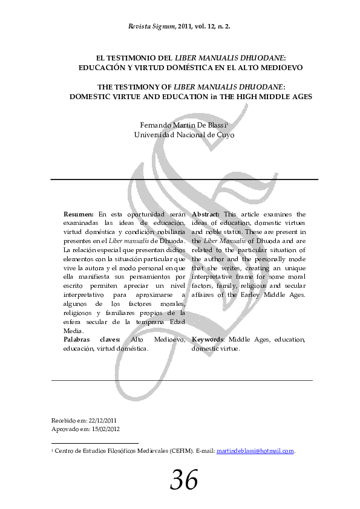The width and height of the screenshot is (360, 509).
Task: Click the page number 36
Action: [x=184, y=481]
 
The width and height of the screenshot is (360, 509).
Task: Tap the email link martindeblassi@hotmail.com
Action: [x=255, y=451]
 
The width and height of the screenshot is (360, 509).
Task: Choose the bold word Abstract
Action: [x=206, y=214]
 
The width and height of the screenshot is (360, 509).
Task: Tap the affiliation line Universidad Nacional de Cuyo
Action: [x=184, y=135]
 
